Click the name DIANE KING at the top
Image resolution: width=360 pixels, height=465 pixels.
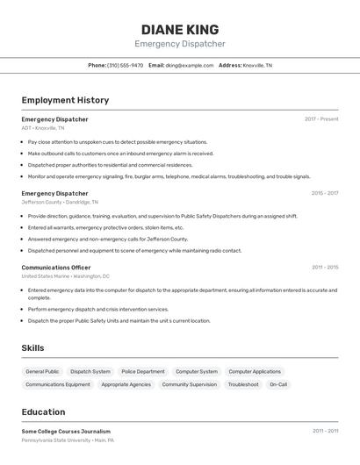[x=180, y=29]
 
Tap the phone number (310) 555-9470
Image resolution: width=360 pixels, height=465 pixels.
[x=125, y=65]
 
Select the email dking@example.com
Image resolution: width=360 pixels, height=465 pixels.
[x=191, y=65]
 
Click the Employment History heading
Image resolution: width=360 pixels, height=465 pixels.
[x=65, y=101]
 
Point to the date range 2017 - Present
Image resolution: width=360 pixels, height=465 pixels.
[x=321, y=119]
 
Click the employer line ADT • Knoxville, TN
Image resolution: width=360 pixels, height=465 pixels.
[x=43, y=128]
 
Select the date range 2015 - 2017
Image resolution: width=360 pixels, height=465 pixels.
[x=324, y=193]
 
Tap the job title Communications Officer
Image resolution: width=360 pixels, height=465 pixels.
[x=56, y=267]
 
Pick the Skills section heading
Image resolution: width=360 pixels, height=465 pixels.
[x=32, y=348]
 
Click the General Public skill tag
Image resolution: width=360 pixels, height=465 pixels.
[x=42, y=371]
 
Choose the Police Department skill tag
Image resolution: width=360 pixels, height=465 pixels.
[x=142, y=371]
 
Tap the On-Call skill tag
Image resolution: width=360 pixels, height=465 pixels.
[x=278, y=384]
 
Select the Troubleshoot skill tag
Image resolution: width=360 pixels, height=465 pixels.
[x=243, y=384]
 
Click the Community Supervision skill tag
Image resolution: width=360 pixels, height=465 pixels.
[x=189, y=384]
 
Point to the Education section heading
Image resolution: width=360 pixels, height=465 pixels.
[x=43, y=412]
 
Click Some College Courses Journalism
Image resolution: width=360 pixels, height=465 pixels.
[x=66, y=431]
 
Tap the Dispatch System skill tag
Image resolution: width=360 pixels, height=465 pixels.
[x=90, y=371]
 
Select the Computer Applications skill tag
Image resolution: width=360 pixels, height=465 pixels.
[x=255, y=371]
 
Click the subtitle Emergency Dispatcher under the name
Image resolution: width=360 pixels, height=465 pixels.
[x=180, y=44]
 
